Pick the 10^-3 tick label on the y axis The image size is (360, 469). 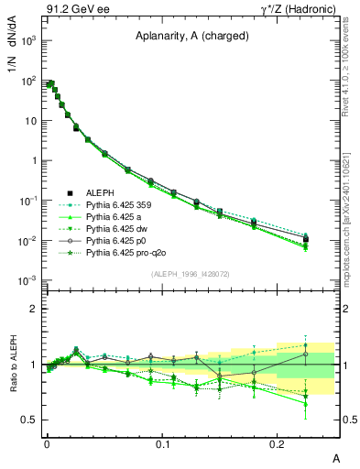tap(27, 280)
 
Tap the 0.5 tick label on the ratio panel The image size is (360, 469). tap(30, 420)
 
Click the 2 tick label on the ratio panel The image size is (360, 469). tap(34, 309)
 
